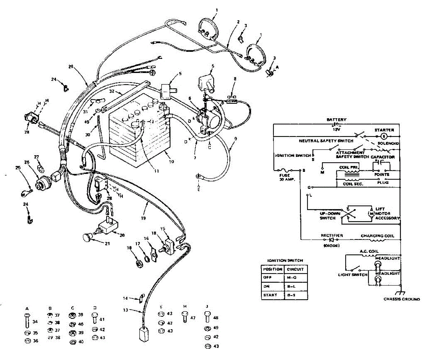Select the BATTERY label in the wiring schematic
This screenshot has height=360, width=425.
coord(336,120)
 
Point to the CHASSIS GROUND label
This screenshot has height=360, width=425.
coord(402,299)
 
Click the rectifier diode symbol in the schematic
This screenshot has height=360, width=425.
coord(332,240)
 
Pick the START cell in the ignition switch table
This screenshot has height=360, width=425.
coord(270,295)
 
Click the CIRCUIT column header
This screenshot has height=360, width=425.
coord(295,269)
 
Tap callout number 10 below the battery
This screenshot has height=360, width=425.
coord(171,162)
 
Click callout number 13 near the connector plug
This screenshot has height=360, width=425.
coord(125,310)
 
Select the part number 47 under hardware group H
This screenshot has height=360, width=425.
coord(193,318)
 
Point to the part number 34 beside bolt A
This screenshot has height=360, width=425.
coord(35,322)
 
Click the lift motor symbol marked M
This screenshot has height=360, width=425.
coord(371,214)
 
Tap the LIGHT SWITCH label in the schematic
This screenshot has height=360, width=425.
coord(352,275)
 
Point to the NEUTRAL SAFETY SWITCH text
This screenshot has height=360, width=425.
coord(326,141)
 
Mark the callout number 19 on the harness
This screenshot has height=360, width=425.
coord(143,218)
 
